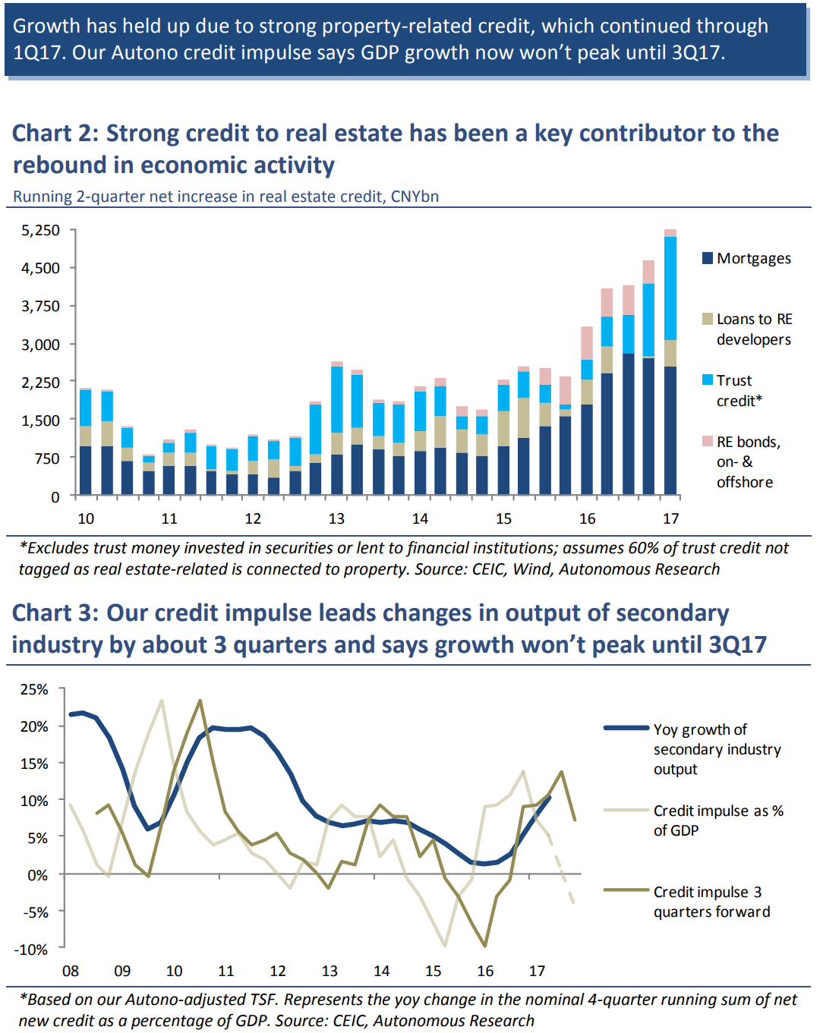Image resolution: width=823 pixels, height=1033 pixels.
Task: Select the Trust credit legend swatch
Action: pos(708,380)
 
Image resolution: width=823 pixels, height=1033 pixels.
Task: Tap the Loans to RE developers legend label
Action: pos(754,329)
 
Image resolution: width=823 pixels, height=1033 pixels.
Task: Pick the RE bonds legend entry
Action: pos(748,461)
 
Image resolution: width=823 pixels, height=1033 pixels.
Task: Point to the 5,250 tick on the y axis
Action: pos(41,230)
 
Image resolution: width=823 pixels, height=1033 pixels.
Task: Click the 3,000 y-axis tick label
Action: pos(41,345)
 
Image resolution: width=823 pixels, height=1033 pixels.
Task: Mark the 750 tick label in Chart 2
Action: pos(46,458)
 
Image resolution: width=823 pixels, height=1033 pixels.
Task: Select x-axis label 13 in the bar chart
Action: pos(336,518)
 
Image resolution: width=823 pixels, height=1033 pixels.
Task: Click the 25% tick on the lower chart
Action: pos(34,690)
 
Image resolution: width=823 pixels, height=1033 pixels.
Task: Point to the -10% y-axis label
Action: pos(31,950)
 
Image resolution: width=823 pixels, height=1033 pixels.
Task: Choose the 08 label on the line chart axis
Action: pos(71,971)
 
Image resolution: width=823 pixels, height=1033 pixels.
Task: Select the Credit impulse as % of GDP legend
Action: pos(717,820)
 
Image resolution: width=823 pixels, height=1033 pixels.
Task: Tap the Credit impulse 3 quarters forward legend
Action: pos(711,902)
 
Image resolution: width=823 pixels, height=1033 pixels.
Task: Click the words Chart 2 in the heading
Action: pos(55,134)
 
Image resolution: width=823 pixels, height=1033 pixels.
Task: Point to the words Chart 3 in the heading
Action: pos(55,613)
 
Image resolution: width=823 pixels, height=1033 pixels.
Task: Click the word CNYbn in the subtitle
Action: pos(415,197)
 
